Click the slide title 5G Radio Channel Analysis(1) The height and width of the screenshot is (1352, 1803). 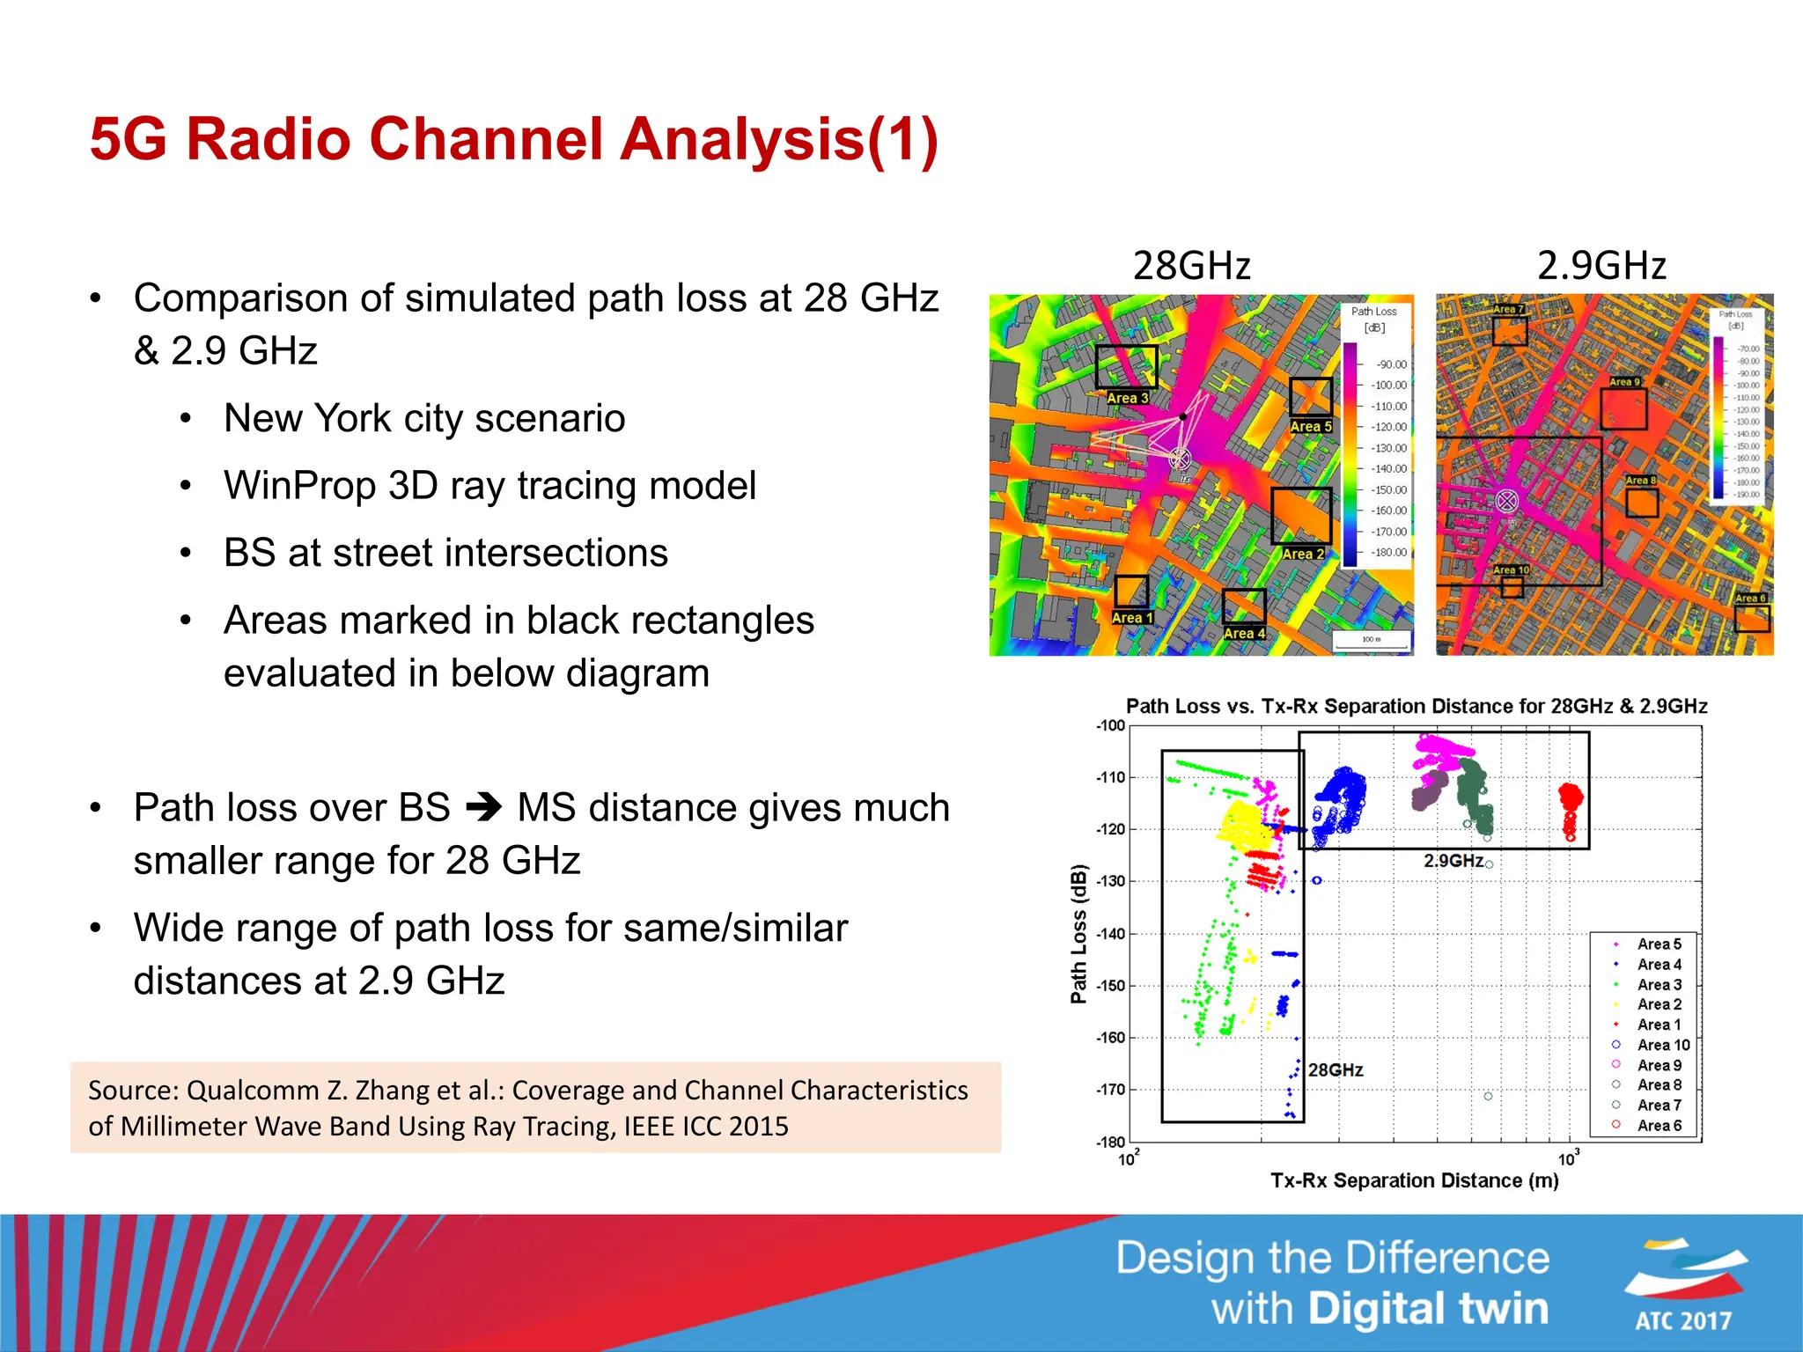(514, 139)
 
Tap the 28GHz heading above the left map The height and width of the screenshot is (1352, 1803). (1191, 266)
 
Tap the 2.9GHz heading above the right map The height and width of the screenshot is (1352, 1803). (1601, 266)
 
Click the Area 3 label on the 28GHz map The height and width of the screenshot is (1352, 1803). (1127, 398)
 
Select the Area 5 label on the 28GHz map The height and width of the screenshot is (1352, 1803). (1310, 426)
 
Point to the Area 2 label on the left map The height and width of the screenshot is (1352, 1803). (1303, 554)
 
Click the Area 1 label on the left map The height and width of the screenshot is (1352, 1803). (1131, 618)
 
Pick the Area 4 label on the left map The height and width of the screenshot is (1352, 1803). (1244, 633)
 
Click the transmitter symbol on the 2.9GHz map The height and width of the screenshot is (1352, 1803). (1507, 502)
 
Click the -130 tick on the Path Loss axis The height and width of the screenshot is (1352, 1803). (1111, 881)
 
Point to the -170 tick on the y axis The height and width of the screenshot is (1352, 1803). (1111, 1090)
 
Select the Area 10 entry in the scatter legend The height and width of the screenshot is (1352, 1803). (1663, 1045)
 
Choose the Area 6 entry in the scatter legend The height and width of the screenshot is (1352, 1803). (1659, 1125)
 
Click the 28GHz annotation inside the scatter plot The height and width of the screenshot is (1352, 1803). (1336, 1069)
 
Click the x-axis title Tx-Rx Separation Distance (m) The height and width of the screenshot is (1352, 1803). (1414, 1180)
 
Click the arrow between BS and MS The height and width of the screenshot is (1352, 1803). (483, 807)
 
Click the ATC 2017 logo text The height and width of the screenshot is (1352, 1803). (1683, 1320)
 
